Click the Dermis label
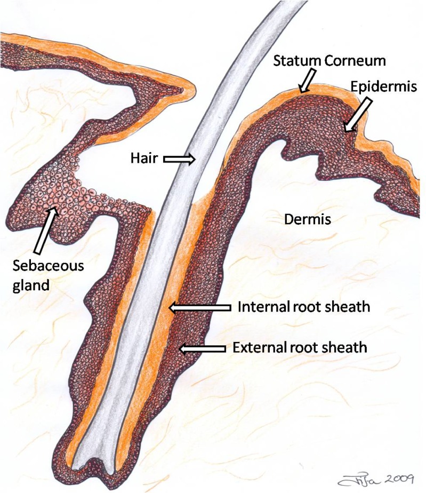pyautogui.click(x=302, y=219)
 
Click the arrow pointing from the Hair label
pyautogui.click(x=178, y=158)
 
